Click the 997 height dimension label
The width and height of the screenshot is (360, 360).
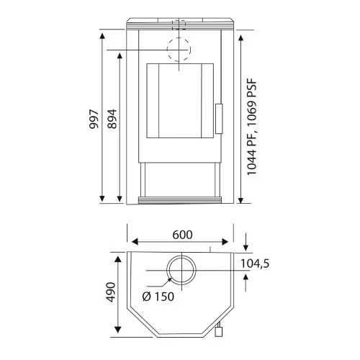point(94,119)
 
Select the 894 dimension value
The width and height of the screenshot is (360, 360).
point(112,119)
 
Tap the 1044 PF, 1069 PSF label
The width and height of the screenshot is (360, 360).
point(252,127)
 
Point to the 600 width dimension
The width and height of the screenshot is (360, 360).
point(182,235)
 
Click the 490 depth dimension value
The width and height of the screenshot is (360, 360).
point(111,292)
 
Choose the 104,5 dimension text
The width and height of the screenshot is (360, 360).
point(255,264)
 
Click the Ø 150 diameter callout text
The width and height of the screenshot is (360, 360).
point(158,297)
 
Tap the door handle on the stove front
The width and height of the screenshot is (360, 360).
point(219,119)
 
